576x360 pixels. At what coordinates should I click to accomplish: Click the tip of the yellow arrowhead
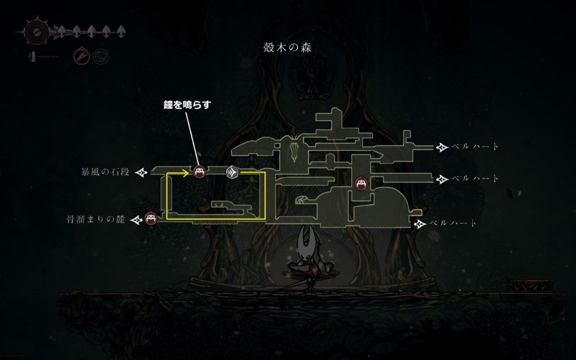coord(189,172)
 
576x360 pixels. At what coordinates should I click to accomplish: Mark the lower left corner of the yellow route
coord(167,219)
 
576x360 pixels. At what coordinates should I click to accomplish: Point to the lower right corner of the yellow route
coord(265,219)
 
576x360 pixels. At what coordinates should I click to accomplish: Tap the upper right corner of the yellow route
coord(265,172)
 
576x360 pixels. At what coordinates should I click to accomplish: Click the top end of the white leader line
coord(186,112)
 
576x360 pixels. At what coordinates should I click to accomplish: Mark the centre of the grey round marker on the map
coord(232,172)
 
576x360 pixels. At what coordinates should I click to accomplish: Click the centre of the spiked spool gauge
coord(36,32)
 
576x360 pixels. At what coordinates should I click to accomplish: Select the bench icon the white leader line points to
coord(199,171)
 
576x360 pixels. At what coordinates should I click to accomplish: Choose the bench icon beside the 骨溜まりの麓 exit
coord(150,218)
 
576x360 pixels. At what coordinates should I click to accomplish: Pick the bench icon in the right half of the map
coord(361,183)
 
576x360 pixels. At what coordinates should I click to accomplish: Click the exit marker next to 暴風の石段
coord(141,172)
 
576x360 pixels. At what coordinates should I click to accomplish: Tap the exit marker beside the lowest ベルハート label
coord(420,223)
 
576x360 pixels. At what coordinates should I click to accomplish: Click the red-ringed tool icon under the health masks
coord(81,56)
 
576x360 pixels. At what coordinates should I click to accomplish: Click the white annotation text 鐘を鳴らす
coord(187,104)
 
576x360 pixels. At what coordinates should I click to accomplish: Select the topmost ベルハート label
coord(475,146)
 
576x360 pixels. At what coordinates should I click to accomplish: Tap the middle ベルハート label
coord(475,179)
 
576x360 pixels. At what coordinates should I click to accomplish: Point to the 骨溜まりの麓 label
coord(95,219)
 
